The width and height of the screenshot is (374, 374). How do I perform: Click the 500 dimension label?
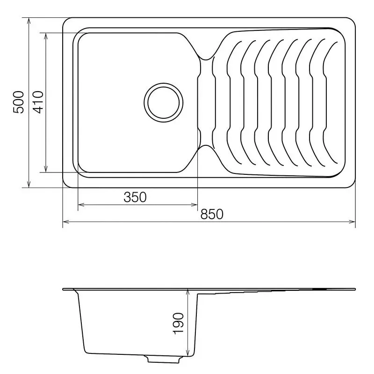pos(19,102)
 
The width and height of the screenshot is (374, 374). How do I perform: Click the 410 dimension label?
pos(38,102)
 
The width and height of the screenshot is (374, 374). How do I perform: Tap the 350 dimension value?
pos(135,197)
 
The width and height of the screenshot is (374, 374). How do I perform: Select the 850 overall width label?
pos(212,214)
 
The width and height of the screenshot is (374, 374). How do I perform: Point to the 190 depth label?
pos(179,324)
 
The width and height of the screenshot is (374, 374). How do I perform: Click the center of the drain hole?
pos(164,102)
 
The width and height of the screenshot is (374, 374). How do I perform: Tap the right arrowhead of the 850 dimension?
pos(352,222)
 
